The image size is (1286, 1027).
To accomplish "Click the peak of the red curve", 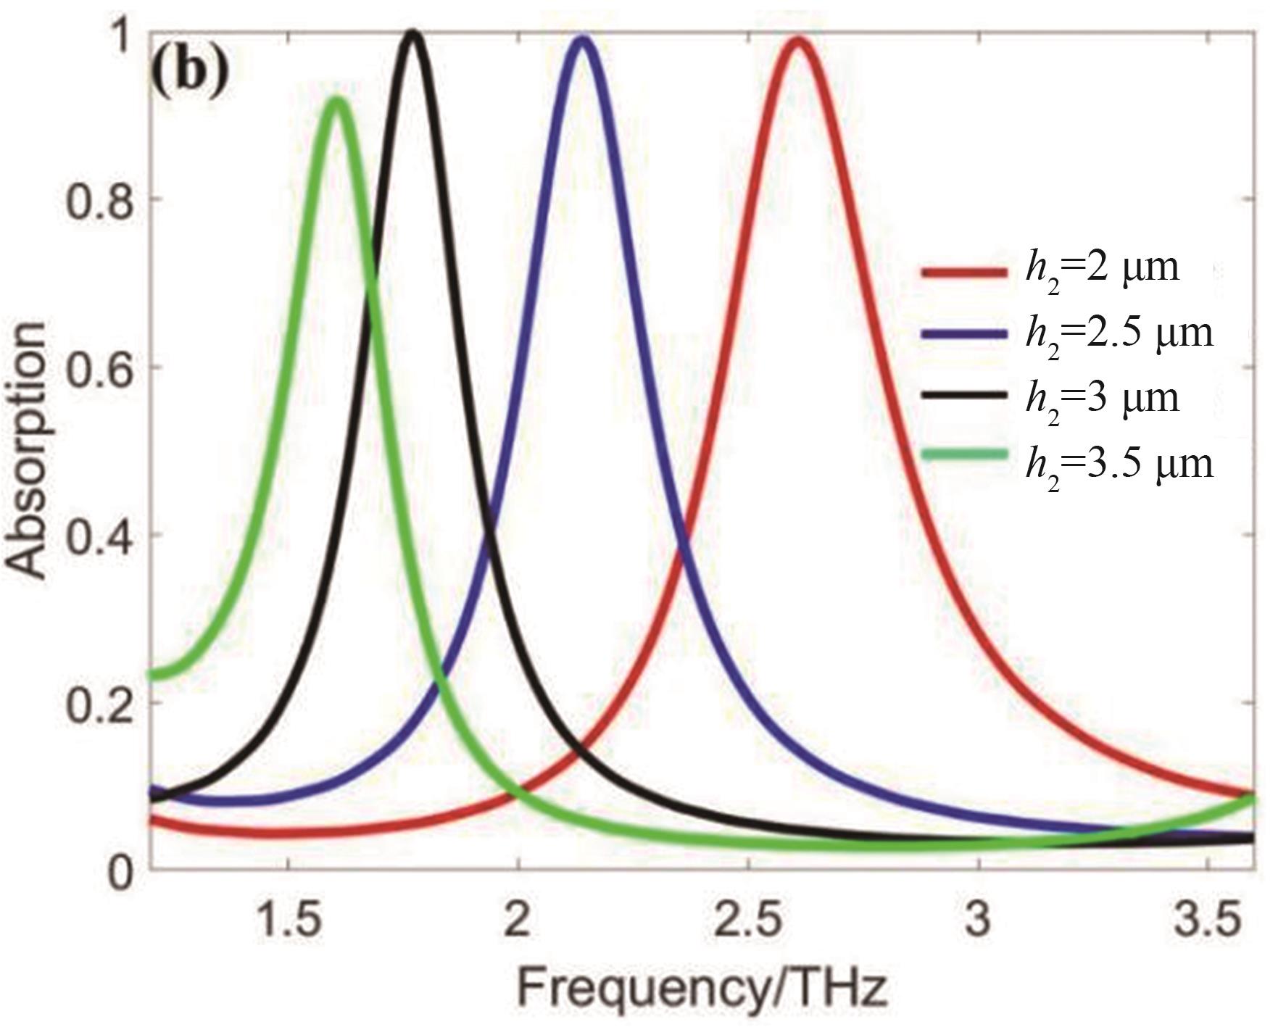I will click(x=798, y=40).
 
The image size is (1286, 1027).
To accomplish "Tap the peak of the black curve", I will click(x=412, y=33).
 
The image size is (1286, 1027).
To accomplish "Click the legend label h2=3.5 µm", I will click(x=1119, y=462).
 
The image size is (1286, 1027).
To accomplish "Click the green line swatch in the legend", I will click(x=964, y=455).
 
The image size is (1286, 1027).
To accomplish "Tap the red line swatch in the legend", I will click(x=964, y=272).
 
